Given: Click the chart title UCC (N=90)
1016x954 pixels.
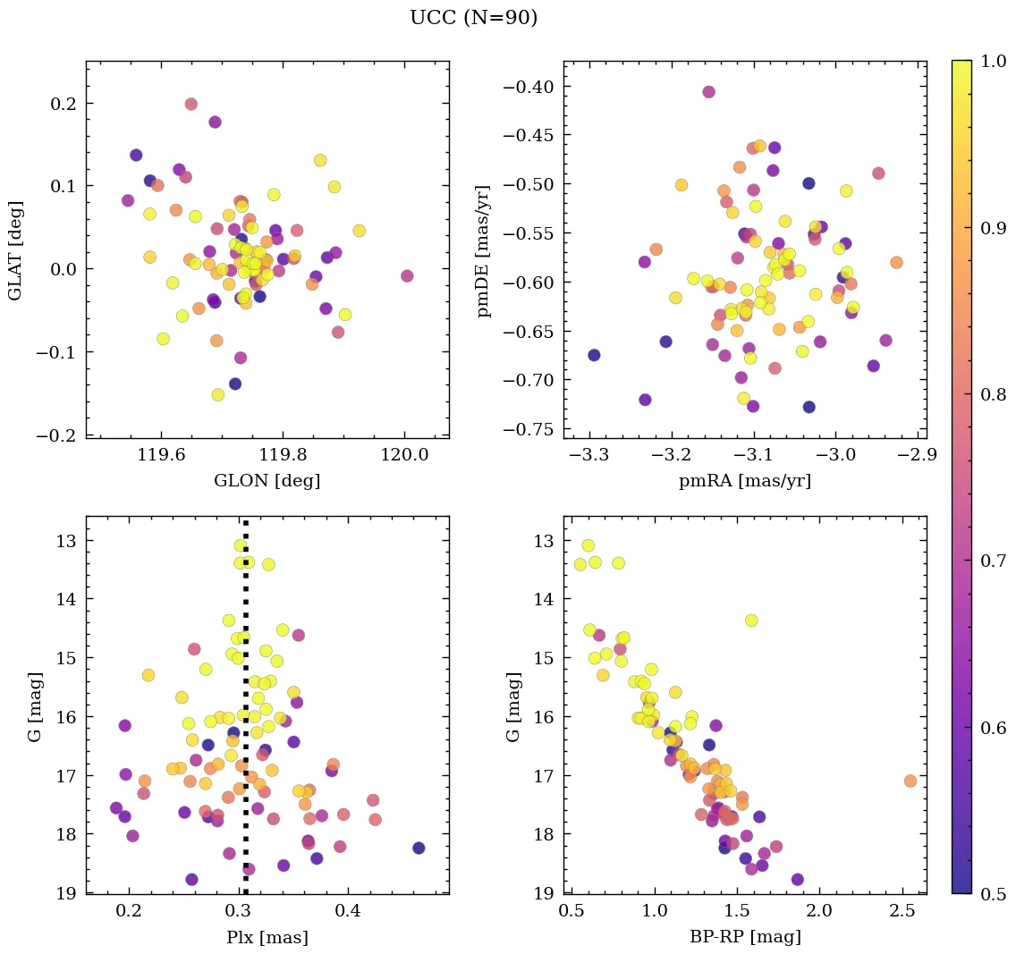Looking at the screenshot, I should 473,18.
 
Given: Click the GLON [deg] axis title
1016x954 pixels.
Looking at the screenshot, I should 267,481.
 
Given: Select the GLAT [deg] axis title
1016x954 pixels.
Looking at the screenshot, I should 16,250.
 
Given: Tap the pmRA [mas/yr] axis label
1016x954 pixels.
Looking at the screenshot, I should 744,481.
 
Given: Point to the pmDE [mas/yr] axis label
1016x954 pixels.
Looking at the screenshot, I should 484,249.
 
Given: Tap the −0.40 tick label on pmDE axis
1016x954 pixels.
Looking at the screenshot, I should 530,87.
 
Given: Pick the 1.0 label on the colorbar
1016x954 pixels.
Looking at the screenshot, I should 992,61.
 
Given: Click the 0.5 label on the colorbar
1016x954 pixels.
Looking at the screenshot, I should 992,893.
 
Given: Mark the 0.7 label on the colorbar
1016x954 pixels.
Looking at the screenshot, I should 992,561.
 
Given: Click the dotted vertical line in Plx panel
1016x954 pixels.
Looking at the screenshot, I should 245,715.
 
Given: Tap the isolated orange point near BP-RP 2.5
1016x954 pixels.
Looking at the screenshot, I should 910,781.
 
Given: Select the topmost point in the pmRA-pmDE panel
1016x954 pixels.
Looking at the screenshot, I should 708,92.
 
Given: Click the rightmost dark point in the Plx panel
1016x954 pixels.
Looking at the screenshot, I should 419,848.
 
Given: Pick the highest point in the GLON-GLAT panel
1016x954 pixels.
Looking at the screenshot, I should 190,104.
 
